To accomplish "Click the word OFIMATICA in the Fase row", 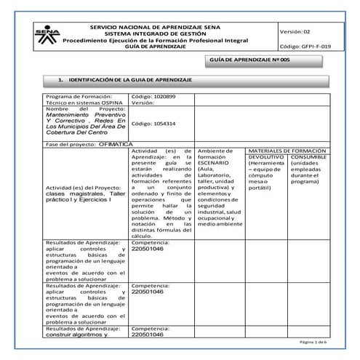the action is pos(115,144).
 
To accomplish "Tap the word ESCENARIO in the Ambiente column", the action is pos(218,164).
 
